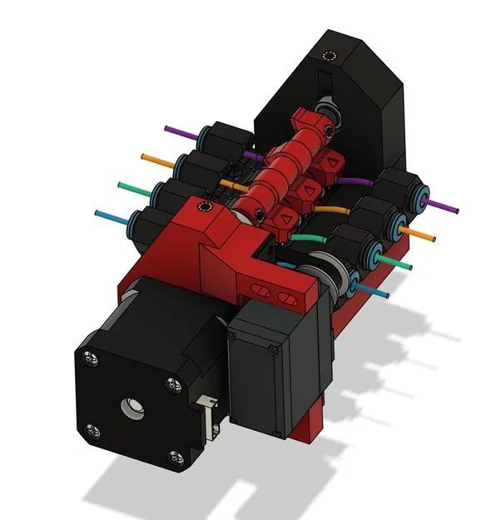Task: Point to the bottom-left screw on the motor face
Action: coord(94,431)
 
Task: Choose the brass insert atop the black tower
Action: coord(332,57)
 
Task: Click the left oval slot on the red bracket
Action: coord(261,289)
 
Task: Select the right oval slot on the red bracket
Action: coord(289,296)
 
